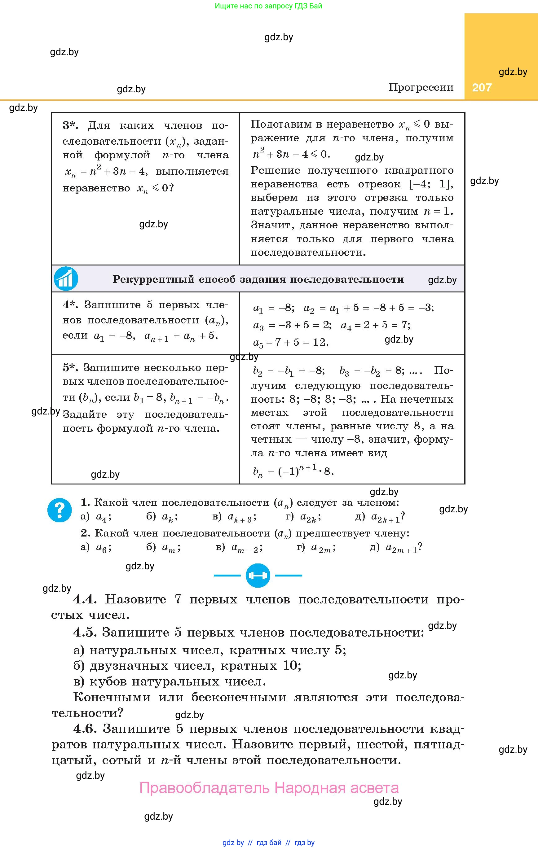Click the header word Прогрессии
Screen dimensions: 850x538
[421, 87]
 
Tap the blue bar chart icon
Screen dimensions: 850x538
[66, 279]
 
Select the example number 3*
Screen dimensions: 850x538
[70, 125]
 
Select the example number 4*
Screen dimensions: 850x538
[70, 305]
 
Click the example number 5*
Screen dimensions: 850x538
[70, 367]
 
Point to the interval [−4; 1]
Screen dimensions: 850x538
[431, 184]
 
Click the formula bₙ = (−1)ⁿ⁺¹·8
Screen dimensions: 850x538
[293, 471]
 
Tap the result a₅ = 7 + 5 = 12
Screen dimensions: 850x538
[291, 342]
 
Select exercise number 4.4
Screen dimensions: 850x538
[85, 599]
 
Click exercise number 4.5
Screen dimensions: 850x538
[85, 632]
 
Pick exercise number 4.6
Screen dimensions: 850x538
[85, 729]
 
